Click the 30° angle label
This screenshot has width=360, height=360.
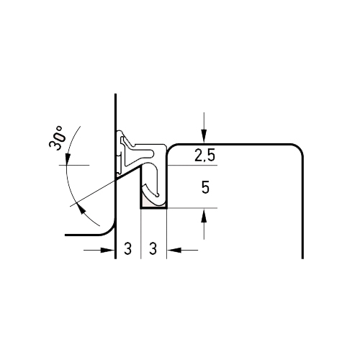[x=57, y=138]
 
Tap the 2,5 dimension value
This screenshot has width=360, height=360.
[x=204, y=156]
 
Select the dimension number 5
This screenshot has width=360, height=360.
[x=205, y=187]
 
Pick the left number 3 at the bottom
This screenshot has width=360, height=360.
[x=127, y=248]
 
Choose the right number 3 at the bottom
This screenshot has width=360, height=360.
[x=153, y=248]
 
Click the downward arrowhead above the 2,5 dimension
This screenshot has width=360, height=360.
[x=204, y=136]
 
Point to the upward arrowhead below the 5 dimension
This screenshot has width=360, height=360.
[x=204, y=216]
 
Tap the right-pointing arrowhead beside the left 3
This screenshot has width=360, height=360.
[x=107, y=250]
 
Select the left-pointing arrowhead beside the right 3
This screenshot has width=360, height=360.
[x=174, y=250]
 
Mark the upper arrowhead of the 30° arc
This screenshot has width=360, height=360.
[x=68, y=158]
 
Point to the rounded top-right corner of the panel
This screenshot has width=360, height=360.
[x=297, y=149]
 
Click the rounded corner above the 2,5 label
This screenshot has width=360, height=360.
[x=171, y=148]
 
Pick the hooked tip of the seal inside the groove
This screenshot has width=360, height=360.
[x=157, y=195]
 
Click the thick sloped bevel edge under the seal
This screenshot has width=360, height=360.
[x=128, y=173]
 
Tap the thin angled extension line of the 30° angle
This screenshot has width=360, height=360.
[x=93, y=193]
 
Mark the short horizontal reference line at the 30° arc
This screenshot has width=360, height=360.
[x=74, y=165]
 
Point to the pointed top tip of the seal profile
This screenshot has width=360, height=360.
[x=120, y=132]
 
